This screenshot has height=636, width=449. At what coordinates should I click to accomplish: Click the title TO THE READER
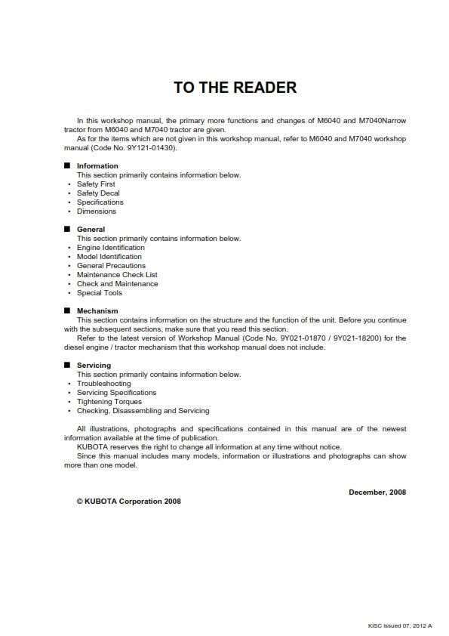(235, 88)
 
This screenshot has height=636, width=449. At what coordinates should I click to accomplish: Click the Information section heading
(97, 165)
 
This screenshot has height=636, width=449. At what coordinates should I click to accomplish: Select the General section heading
(91, 229)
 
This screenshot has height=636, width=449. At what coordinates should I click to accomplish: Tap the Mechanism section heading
(97, 310)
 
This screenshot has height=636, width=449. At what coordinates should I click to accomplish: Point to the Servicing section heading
(94, 365)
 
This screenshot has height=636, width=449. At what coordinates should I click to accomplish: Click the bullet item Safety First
(96, 184)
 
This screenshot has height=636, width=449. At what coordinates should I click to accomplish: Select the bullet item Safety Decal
(98, 193)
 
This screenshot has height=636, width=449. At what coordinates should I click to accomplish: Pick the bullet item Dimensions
(97, 211)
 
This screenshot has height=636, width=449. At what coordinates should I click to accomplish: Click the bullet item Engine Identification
(110, 247)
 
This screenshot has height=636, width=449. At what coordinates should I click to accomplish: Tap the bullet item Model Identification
(109, 256)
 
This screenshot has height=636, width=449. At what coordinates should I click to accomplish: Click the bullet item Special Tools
(99, 292)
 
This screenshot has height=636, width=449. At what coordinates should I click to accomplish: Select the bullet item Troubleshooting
(103, 383)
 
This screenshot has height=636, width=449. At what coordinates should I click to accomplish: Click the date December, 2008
(377, 492)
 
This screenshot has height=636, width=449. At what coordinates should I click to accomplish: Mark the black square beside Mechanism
(67, 310)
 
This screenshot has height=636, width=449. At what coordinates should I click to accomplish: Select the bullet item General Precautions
(111, 265)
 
